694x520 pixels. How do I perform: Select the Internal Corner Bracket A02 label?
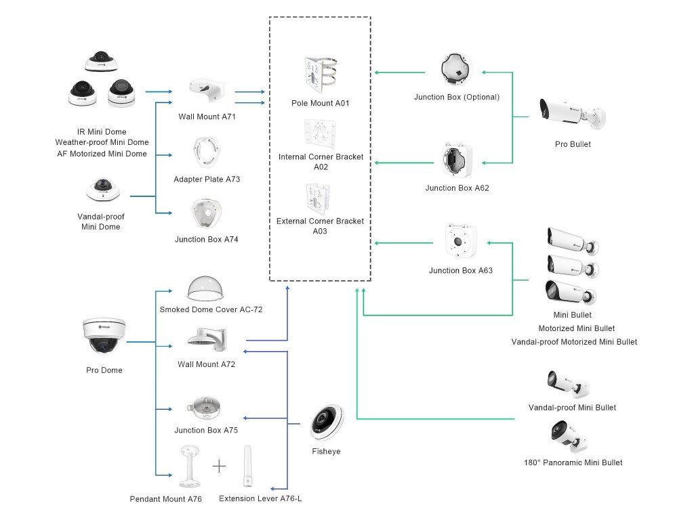[x=321, y=162]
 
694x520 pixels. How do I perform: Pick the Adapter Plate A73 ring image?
[x=207, y=152]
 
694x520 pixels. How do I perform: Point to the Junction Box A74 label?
[x=207, y=239]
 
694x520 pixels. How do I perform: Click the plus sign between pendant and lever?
[x=218, y=466]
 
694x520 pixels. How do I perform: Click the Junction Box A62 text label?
[x=457, y=188]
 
